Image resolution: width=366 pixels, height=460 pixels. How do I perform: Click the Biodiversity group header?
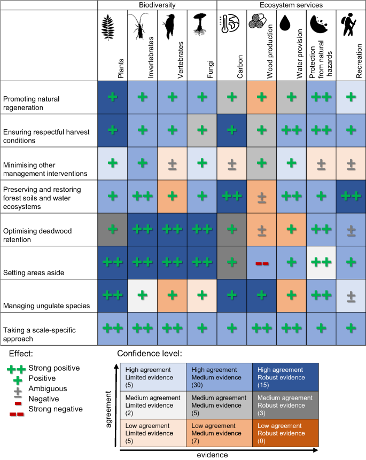click(x=157, y=5)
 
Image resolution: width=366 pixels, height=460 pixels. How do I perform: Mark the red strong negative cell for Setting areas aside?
click(x=261, y=263)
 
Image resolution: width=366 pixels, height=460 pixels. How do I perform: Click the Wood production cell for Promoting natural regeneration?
click(x=261, y=97)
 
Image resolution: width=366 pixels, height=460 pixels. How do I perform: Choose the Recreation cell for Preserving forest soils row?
click(x=351, y=197)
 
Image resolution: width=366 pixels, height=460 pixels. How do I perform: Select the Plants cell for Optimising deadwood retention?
click(x=112, y=230)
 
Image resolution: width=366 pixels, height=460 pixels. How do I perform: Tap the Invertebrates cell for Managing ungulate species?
click(x=142, y=296)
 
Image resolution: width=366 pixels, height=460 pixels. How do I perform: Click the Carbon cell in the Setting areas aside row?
click(x=231, y=263)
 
